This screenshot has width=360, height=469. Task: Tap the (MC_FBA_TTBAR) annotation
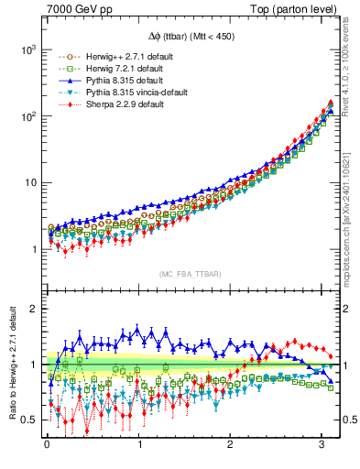click(x=192, y=275)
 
